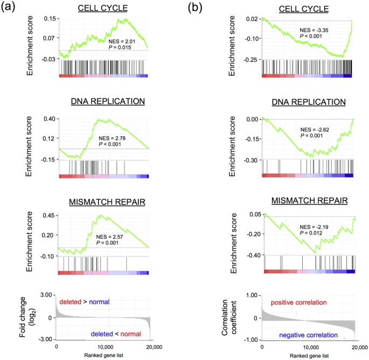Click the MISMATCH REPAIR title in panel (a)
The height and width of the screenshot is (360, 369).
tap(102, 202)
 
